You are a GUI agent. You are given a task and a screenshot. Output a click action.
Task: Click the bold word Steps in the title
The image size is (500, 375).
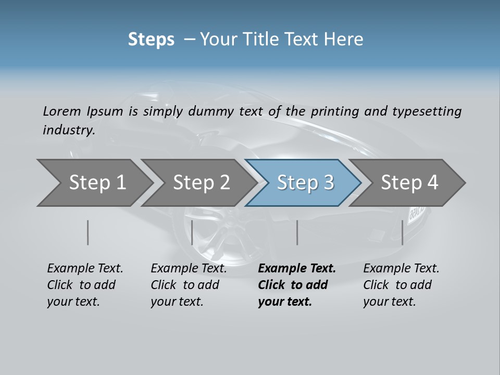coord(151,39)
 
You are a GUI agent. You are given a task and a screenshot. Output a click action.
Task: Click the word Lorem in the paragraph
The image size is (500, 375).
coord(61,111)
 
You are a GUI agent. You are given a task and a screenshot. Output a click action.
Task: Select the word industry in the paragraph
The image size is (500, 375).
coord(68,130)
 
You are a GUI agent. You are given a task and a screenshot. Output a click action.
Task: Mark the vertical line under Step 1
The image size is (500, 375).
coord(88,232)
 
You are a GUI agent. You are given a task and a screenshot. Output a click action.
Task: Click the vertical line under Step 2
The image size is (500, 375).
coord(192,232)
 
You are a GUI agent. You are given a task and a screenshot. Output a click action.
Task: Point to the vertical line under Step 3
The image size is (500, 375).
coord(297,232)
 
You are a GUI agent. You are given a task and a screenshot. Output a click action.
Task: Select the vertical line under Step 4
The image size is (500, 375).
coord(402,232)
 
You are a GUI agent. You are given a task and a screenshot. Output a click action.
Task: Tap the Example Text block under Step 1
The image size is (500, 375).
coord(84,285)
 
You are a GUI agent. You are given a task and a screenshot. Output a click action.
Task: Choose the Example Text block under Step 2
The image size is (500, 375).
coord(188,285)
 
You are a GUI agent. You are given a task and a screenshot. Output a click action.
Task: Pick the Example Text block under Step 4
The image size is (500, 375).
coord(401,285)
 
